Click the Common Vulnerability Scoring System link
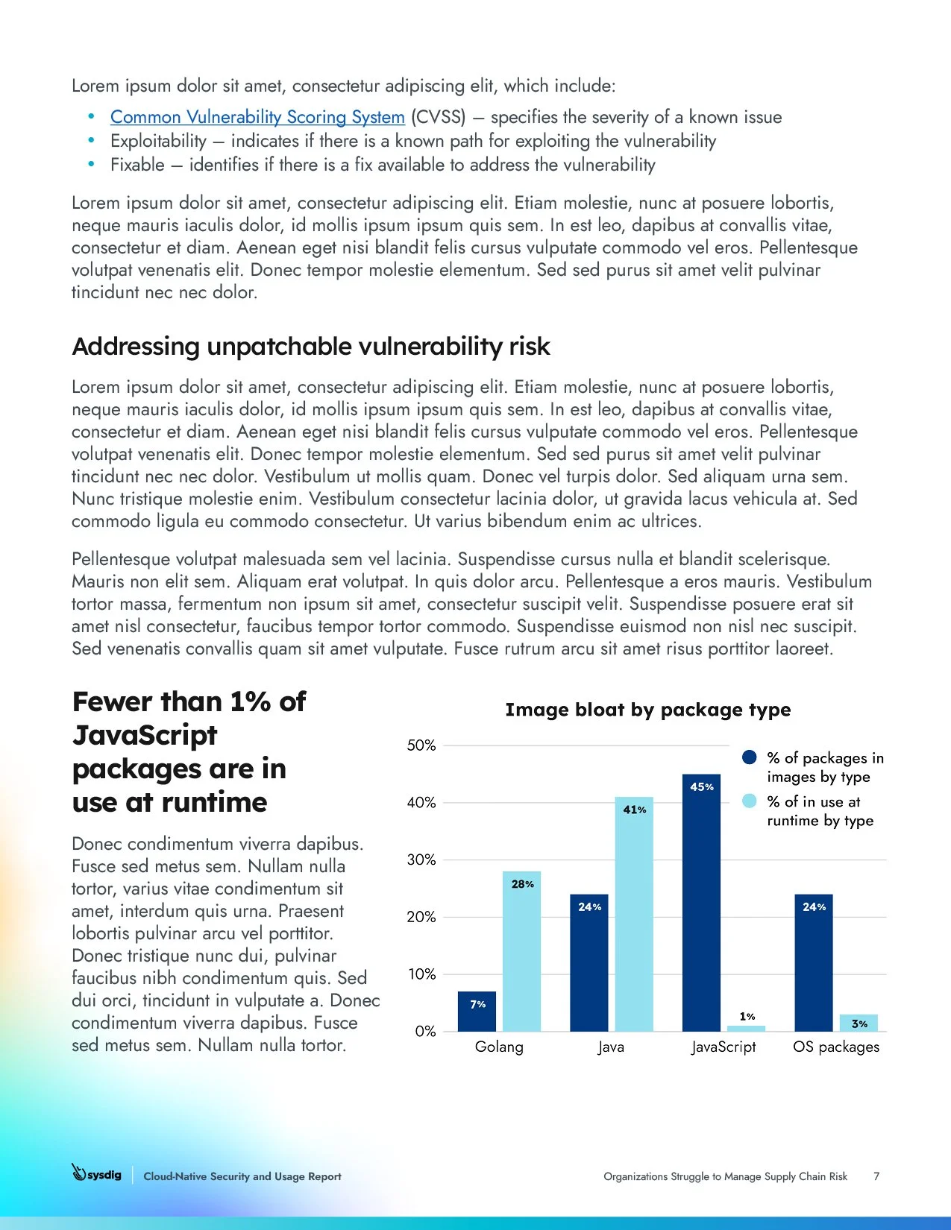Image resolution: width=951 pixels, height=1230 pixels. point(257,117)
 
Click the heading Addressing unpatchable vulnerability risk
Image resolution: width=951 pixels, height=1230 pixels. point(310,347)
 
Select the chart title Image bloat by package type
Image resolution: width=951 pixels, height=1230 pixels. point(647,710)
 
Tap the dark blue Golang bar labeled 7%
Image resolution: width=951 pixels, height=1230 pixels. point(477,1012)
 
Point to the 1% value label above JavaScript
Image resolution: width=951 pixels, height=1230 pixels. point(747,1016)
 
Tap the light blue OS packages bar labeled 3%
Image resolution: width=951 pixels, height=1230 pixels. point(859,1023)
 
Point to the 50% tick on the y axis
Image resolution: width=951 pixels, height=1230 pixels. point(421,745)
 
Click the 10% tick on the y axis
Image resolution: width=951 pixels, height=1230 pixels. point(421,974)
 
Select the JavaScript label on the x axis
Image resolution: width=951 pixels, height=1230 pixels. point(724,1047)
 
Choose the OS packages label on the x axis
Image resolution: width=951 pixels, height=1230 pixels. point(836,1047)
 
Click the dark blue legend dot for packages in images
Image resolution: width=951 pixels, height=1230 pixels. point(750,757)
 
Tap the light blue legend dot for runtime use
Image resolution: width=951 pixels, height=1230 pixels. point(750,801)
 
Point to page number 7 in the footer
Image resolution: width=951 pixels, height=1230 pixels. point(876,1176)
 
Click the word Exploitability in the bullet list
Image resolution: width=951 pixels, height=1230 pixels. point(158,141)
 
